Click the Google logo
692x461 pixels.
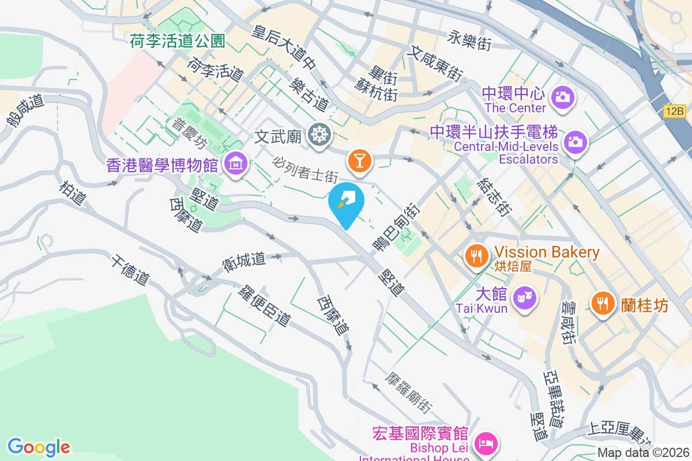click(39, 447)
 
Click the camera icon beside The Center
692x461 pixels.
click(562, 96)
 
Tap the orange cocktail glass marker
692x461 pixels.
click(359, 161)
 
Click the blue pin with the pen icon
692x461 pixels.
click(346, 202)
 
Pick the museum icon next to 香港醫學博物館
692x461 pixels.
click(236, 165)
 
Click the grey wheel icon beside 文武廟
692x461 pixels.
click(318, 135)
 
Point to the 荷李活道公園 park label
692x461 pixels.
click(176, 40)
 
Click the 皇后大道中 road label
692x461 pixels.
click(282, 47)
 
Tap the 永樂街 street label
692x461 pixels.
click(469, 39)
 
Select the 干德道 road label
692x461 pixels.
click(132, 270)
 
